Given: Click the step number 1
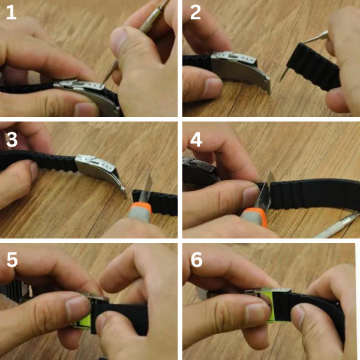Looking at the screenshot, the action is (x=11, y=13).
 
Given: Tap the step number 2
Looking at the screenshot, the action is (x=196, y=13).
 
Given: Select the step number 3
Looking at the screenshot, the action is (x=12, y=140).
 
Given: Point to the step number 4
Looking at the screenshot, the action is (x=196, y=140).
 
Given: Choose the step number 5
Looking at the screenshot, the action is (x=12, y=260).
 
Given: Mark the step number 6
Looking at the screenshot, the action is (x=196, y=260).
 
